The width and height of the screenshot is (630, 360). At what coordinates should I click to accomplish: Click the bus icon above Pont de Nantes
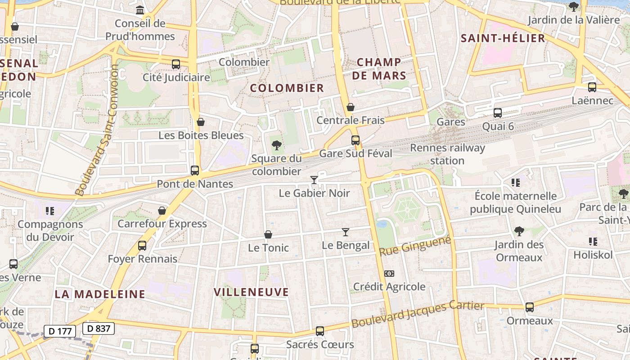point(195,171)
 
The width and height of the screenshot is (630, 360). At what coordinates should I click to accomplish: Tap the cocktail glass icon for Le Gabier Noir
point(314,180)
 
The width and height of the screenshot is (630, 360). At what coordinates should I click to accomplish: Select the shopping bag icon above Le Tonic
point(268,234)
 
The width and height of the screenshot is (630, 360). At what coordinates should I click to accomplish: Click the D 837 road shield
point(99,328)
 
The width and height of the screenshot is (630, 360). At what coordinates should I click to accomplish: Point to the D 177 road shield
point(60,331)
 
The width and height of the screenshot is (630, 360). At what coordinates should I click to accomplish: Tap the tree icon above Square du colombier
point(277,145)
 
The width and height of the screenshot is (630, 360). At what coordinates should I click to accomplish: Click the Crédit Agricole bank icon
point(389,273)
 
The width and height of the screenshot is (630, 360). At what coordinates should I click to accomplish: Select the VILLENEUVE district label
point(251,292)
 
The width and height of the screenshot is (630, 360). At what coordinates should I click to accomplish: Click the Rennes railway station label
point(447,154)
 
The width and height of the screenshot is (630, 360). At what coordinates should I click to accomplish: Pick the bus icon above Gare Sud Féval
point(355,140)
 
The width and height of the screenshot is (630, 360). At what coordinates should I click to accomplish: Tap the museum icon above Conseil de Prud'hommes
point(140,10)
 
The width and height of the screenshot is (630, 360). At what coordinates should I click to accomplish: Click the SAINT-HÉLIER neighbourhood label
point(503,38)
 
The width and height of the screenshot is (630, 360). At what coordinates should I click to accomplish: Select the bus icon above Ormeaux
point(530,307)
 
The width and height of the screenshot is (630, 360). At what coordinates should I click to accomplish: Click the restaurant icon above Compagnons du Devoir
point(50,211)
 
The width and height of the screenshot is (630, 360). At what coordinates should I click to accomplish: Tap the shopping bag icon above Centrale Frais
point(351,107)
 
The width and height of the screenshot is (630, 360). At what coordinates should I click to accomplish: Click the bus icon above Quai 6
point(498,113)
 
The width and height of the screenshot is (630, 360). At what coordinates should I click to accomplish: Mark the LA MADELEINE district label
point(100,294)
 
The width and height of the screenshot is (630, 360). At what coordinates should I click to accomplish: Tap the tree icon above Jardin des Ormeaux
point(519,231)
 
